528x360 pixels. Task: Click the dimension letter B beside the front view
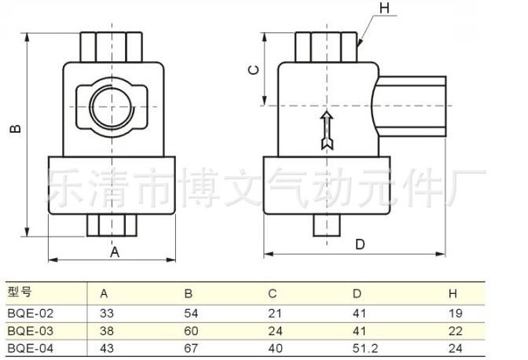coord(15,130)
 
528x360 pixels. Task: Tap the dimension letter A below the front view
coord(115,252)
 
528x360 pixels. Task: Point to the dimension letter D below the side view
coord(360,244)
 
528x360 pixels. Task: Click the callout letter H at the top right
coord(384,9)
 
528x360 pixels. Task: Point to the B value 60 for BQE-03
coord(191,330)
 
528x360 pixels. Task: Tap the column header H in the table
coord(453,294)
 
